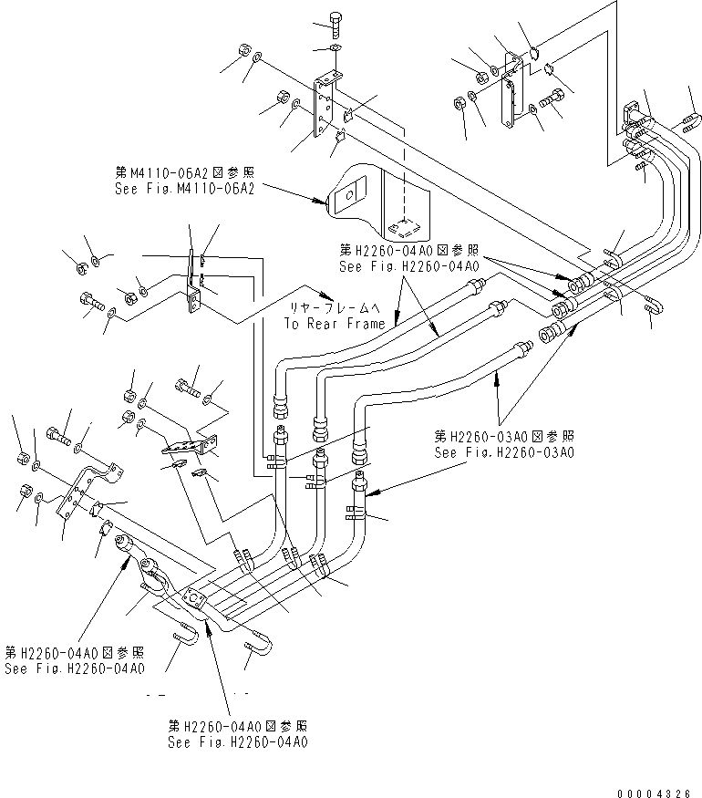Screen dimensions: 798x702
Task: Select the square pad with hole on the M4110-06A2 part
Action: tap(346, 195)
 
